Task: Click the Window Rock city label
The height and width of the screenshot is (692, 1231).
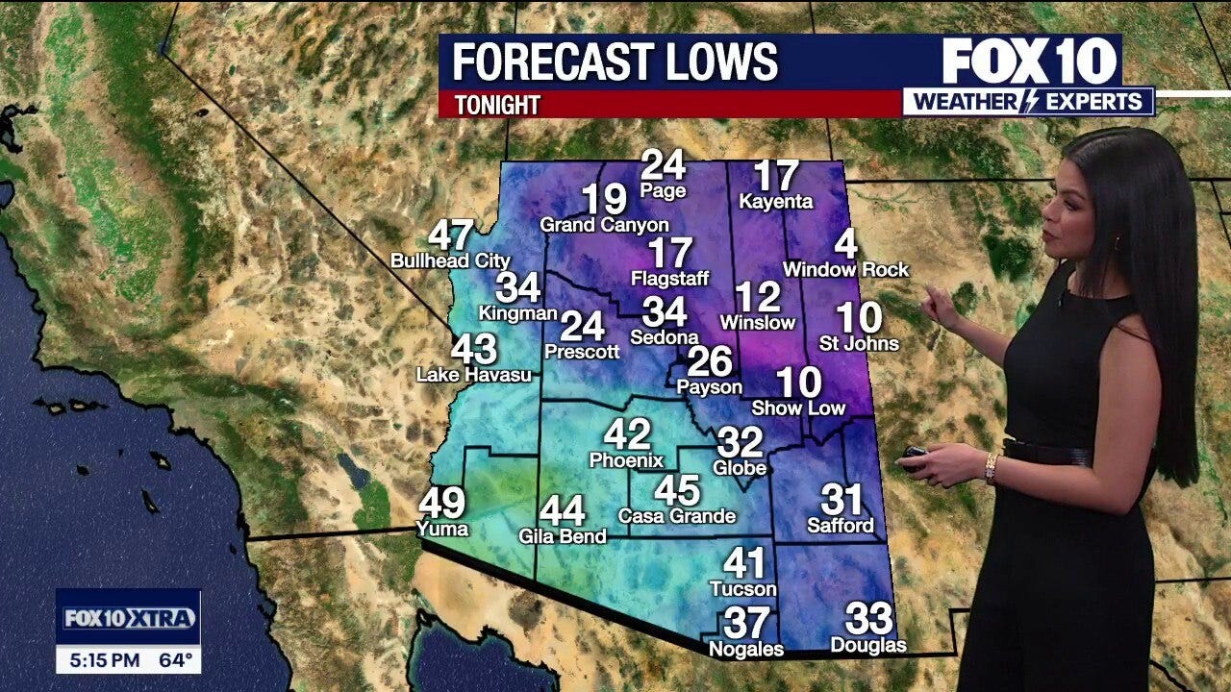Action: [845, 270]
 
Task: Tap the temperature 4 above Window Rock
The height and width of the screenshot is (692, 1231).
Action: [846, 244]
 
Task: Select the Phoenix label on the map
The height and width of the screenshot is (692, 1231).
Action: [626, 460]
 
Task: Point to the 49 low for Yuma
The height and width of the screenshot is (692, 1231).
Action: [442, 503]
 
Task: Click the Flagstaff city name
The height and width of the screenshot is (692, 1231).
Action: [669, 279]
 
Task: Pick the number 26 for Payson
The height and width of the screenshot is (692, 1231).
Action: [710, 361]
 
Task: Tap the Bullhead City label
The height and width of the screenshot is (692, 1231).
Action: [450, 260]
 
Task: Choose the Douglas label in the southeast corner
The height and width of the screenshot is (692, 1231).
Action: [868, 645]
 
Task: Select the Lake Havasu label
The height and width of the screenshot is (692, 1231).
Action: [473, 375]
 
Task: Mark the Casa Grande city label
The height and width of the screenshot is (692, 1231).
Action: [676, 516]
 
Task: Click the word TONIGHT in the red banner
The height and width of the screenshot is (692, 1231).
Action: [497, 105]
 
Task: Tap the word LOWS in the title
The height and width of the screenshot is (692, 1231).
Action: [716, 63]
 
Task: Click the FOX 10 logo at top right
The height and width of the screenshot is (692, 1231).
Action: [1030, 61]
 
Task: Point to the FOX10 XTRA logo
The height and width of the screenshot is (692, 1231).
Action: [129, 618]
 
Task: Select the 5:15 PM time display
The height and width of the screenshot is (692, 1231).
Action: [106, 660]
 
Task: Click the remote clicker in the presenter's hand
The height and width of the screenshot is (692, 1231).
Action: [915, 453]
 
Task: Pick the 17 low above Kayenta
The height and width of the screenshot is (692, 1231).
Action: [775, 177]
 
